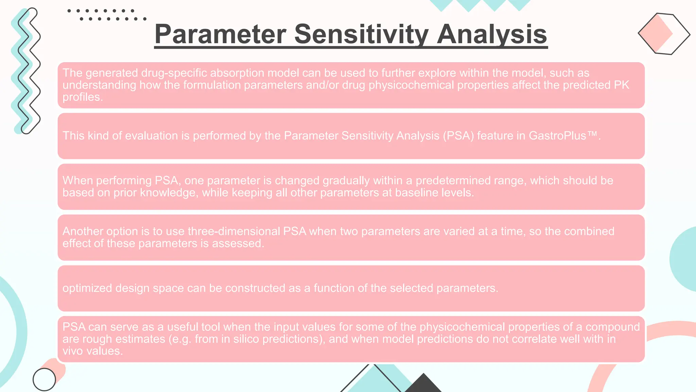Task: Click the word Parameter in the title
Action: click(220, 34)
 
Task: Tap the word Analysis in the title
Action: click(492, 34)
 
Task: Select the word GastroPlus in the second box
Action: click(557, 136)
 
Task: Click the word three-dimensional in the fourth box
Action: click(234, 231)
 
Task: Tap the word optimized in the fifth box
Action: click(87, 288)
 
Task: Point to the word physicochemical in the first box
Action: click(411, 85)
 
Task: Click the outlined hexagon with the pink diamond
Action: click(664, 34)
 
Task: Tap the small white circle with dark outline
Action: click(44, 379)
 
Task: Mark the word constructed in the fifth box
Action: click(255, 288)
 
